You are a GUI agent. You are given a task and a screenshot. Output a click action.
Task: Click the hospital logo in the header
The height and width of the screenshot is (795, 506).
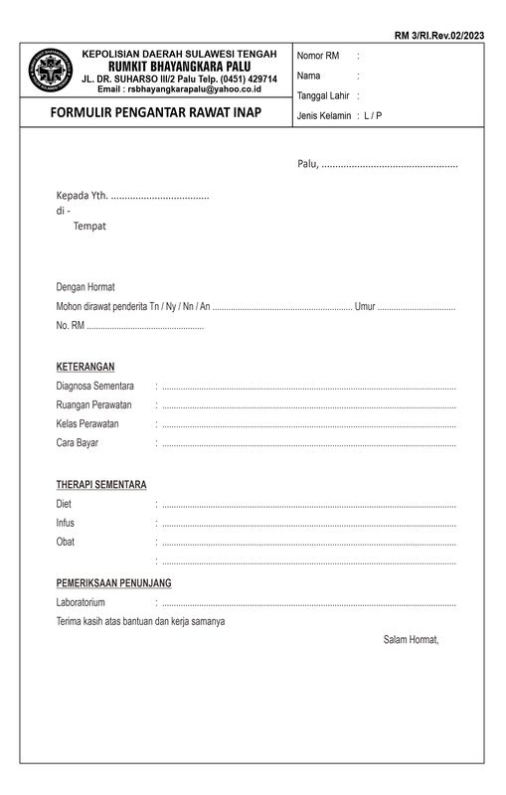tap(49, 71)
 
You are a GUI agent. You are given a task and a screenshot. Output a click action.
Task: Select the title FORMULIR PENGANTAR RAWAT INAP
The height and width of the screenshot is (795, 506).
tap(156, 113)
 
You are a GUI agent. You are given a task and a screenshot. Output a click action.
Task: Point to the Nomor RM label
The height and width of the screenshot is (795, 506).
tap(318, 56)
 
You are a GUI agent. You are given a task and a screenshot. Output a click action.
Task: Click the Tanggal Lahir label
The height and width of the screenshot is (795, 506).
tap(323, 95)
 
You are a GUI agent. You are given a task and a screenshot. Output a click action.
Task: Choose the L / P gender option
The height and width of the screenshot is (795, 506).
tap(373, 116)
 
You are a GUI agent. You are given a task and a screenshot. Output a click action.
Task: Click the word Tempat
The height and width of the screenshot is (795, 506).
tap(89, 226)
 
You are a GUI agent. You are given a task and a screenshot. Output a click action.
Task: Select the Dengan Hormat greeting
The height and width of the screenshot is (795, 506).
tap(85, 287)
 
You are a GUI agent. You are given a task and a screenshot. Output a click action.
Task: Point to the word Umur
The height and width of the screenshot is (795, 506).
tap(365, 306)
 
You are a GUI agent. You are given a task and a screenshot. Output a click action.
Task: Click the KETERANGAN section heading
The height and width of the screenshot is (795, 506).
tap(85, 367)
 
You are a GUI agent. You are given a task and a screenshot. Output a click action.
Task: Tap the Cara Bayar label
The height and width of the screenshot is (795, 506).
tap(78, 442)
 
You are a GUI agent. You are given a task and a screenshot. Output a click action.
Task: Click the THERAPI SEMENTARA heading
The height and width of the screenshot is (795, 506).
tap(101, 485)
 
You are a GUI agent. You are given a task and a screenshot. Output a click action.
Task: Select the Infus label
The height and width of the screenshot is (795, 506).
tap(66, 523)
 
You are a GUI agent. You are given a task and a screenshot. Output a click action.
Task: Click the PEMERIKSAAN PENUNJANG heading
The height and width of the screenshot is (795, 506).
tap(113, 583)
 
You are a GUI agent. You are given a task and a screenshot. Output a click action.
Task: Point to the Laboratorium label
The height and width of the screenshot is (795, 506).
tap(81, 603)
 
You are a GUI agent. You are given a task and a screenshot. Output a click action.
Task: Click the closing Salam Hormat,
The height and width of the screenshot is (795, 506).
tap(411, 639)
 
